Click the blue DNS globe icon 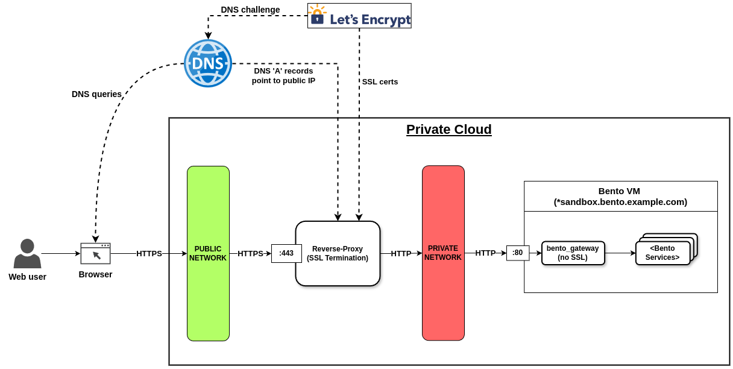[x=208, y=63]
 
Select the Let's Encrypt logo [x=359, y=16]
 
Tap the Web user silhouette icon [x=27, y=254]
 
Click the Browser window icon [x=95, y=253]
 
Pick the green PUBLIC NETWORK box [x=208, y=253]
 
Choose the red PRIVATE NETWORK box [x=443, y=253]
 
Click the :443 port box [x=286, y=253]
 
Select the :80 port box [x=518, y=253]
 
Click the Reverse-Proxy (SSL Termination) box [x=338, y=253]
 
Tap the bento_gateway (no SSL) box [x=573, y=253]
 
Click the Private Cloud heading [x=448, y=130]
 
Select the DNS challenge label [x=250, y=10]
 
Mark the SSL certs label [x=380, y=82]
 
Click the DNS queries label [x=96, y=94]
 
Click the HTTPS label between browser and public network [x=149, y=254]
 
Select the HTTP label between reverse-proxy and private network [x=401, y=254]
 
